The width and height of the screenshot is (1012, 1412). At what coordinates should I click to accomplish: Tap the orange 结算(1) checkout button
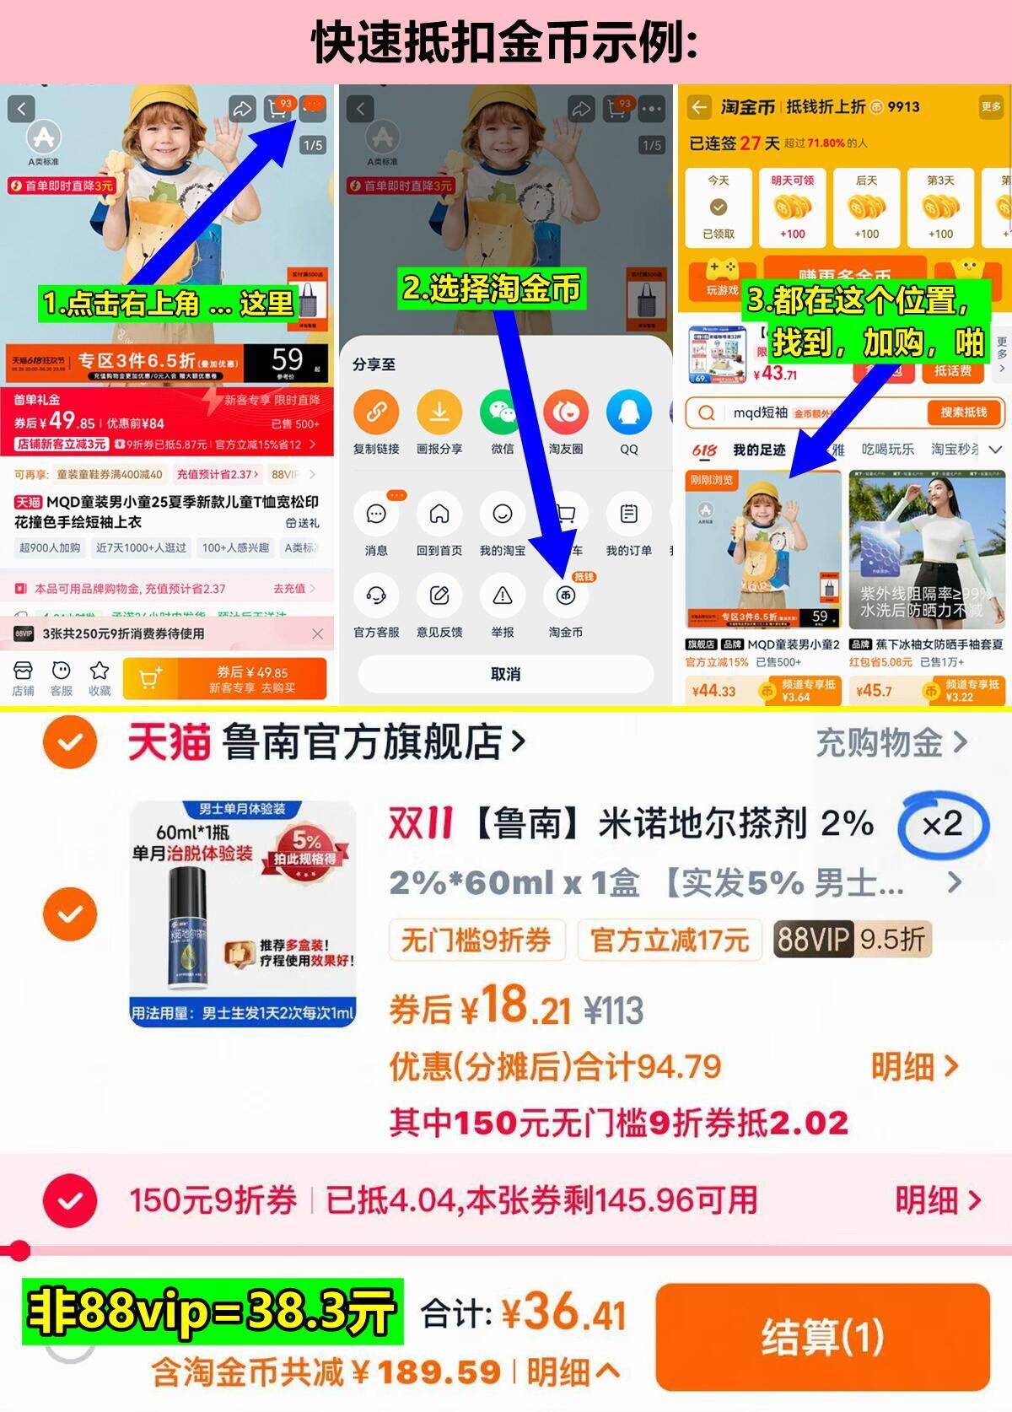point(821,1336)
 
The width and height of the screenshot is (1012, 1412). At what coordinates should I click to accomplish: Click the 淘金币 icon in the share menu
point(565,596)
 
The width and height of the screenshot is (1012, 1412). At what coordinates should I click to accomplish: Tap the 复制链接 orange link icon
point(376,412)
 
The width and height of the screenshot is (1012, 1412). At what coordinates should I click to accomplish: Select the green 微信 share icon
point(503,412)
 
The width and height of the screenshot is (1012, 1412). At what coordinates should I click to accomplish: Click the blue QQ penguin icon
point(629,412)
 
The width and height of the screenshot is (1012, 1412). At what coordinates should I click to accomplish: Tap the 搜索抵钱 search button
point(963,412)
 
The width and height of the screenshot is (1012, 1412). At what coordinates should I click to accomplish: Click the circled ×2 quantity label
point(942,824)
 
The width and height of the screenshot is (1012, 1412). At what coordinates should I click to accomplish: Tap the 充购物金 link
point(891,743)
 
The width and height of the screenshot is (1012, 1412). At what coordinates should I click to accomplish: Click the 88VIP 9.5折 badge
point(852,939)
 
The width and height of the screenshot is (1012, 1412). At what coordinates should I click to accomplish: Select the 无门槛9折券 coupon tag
point(476,939)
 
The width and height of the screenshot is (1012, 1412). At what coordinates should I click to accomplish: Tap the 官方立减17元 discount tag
point(670,939)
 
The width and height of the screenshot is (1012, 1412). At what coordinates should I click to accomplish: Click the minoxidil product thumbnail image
point(243,913)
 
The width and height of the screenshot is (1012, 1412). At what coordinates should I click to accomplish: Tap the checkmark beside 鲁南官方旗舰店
point(70,743)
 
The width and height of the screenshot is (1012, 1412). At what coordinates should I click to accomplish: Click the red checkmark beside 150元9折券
point(70,1200)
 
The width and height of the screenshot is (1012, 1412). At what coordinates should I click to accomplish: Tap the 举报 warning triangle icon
point(503,596)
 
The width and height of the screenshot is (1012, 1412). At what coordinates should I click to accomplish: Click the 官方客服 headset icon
point(376,596)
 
